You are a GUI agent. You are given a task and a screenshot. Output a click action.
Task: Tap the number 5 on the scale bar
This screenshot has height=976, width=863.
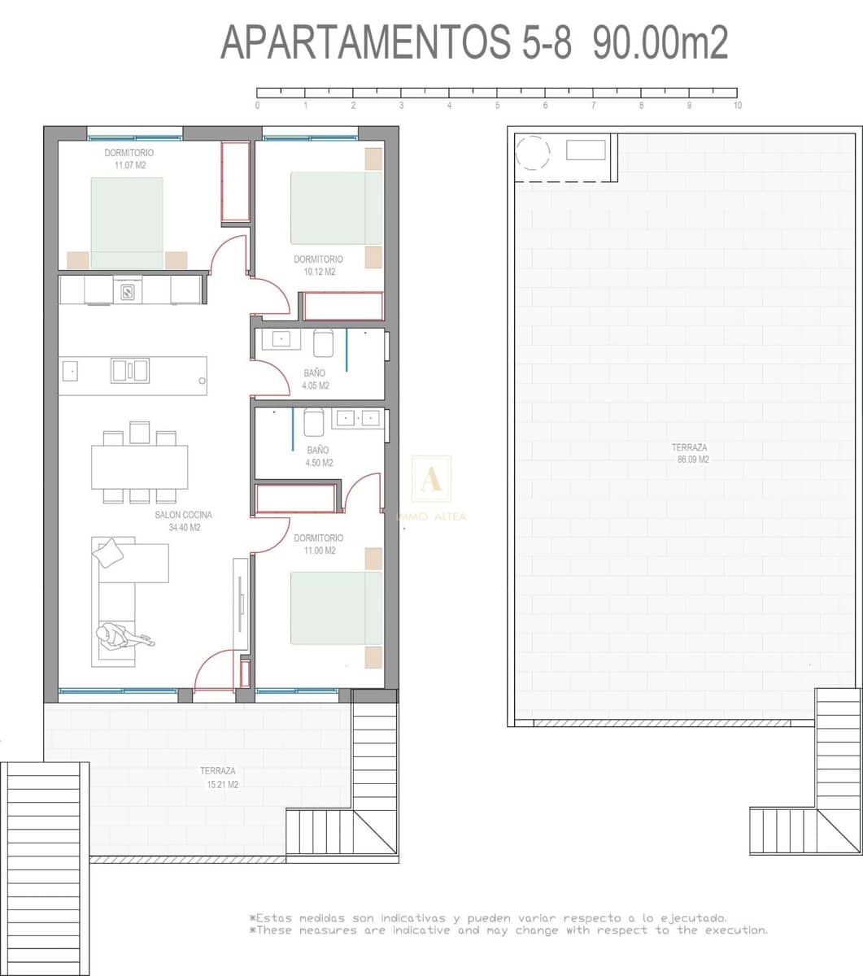tap(497, 106)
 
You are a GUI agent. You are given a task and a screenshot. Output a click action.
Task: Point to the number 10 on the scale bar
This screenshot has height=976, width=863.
tap(737, 106)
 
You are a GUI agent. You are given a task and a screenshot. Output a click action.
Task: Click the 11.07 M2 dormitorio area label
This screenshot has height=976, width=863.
tap(129, 159)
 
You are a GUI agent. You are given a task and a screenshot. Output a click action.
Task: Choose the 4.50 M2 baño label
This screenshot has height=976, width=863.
tap(319, 456)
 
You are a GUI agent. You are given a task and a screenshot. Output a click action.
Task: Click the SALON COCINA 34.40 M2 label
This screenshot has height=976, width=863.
tap(184, 521)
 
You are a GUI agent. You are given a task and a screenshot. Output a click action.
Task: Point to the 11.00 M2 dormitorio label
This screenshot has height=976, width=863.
tap(319, 544)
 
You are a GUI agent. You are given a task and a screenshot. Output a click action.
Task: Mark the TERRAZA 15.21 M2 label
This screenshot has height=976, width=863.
tap(219, 778)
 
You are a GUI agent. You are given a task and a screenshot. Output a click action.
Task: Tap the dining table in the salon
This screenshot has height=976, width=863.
tap(139, 467)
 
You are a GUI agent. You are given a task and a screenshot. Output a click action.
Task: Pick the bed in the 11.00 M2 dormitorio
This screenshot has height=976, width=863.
tap(336, 608)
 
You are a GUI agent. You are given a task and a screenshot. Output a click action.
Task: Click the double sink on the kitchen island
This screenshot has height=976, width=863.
tap(130, 371)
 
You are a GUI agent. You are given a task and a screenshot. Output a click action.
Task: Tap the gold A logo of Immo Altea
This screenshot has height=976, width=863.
tap(431, 478)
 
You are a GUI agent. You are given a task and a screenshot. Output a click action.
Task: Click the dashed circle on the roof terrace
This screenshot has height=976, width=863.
tap(534, 152)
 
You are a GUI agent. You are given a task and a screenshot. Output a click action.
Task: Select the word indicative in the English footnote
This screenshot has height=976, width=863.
tap(420, 930)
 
